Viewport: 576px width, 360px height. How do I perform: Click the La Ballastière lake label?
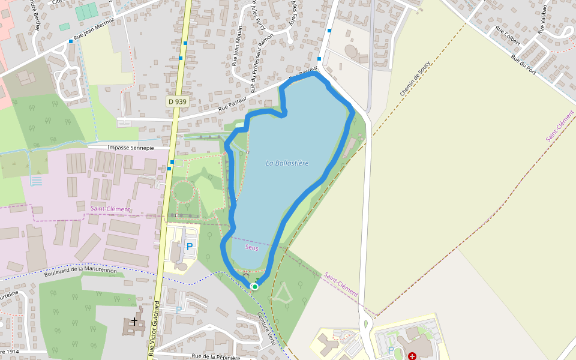(x=287, y=163)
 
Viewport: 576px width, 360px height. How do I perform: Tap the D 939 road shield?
(x=178, y=102)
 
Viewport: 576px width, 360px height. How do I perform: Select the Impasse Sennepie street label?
(x=130, y=148)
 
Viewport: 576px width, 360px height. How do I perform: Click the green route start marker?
(x=255, y=287)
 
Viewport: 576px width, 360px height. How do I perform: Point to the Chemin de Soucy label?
(x=416, y=80)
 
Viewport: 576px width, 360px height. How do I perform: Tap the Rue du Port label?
(x=523, y=64)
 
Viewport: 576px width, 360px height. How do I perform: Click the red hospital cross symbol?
(x=412, y=356)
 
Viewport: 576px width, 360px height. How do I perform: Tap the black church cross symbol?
(x=134, y=321)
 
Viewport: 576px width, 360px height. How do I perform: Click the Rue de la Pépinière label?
(x=216, y=357)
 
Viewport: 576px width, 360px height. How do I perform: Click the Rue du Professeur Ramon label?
(x=262, y=62)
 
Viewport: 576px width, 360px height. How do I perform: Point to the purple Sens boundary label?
(x=252, y=247)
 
